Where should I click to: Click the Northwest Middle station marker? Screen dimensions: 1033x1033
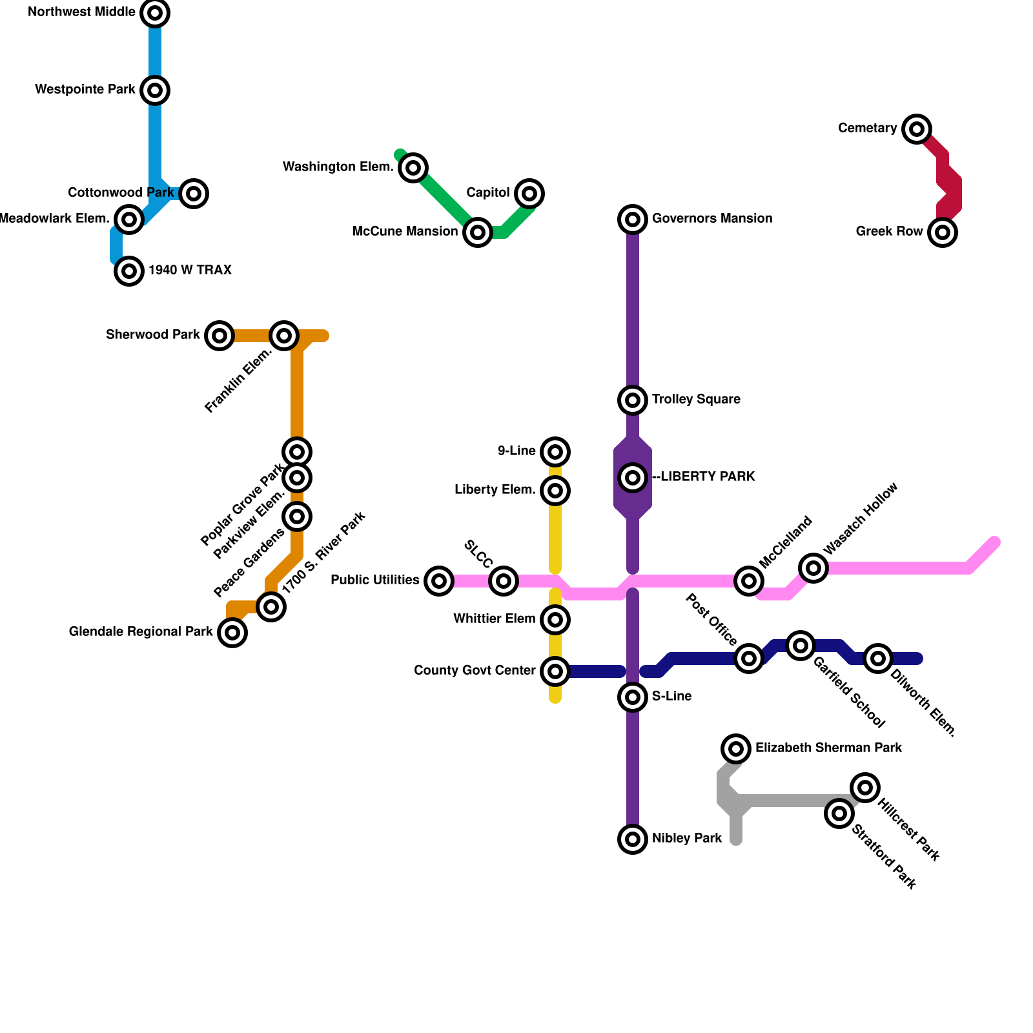point(155,13)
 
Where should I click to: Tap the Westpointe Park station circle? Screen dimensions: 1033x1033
point(155,90)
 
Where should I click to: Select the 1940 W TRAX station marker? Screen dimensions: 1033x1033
point(129,271)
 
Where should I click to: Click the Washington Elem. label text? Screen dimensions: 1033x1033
point(338,167)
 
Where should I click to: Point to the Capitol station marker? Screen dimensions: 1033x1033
point(529,194)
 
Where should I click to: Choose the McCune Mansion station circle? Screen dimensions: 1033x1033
point(478,232)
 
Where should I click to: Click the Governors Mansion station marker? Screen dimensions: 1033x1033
point(633,220)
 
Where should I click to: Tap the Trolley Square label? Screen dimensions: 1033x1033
point(696,400)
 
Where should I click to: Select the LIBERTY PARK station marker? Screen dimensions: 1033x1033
point(633,478)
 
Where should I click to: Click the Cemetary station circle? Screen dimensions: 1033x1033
point(917,129)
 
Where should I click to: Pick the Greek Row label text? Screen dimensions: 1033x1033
point(889,232)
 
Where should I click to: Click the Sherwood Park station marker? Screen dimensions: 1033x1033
point(220,336)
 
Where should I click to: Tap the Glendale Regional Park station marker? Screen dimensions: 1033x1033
point(232,633)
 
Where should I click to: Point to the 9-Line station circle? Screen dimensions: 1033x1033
point(555,452)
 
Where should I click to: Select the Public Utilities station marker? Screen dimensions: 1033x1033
point(439,581)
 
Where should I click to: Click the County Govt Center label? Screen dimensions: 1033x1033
point(475,671)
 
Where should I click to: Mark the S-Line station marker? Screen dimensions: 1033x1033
point(633,697)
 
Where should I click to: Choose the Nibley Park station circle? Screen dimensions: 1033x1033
point(633,839)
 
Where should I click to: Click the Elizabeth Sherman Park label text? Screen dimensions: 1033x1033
point(828,748)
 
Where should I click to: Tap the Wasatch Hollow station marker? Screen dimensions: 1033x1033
point(813,568)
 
